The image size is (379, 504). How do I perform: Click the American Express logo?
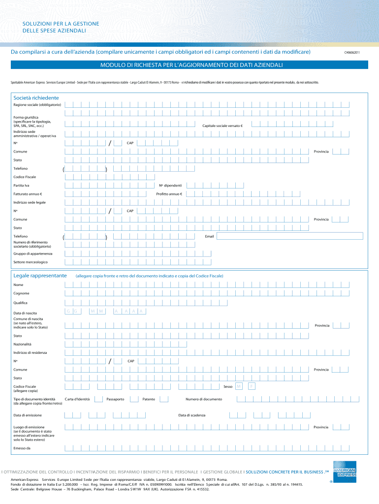pyautogui.click(x=345, y=469)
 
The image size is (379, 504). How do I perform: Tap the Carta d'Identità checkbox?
pyautogui.click(x=99, y=399)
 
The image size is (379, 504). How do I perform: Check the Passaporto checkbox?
pyautogui.click(x=134, y=399)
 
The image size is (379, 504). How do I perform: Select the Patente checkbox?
pyautogui.click(x=164, y=399)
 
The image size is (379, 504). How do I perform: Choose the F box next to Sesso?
pyautogui.click(x=252, y=386)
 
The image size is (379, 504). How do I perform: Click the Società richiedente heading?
pyautogui.click(x=36, y=97)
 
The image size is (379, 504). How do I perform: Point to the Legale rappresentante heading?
pyautogui.click(x=40, y=276)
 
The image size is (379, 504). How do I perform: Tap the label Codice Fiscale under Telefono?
pyautogui.click(x=25, y=177)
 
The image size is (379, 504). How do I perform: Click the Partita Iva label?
pyautogui.click(x=22, y=186)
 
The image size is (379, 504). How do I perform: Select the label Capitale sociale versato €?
pyautogui.click(x=222, y=126)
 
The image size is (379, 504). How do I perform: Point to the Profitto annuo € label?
pyautogui.click(x=169, y=194)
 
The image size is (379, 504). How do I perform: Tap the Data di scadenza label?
pyautogui.click(x=192, y=415)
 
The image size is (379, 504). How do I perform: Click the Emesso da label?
pyautogui.click(x=22, y=448)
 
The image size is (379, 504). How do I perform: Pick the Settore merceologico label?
pyautogui.click(x=31, y=262)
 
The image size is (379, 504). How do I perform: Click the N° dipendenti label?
pyautogui.click(x=170, y=186)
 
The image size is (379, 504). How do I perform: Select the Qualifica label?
pyautogui.click(x=21, y=302)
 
